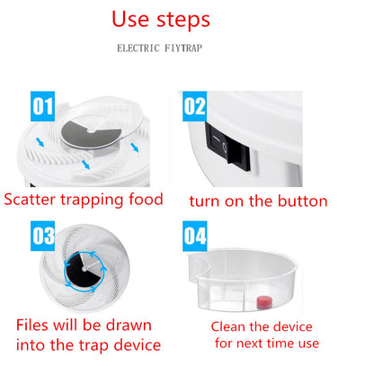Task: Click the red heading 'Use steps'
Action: point(161,21)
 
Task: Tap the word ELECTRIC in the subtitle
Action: point(138,48)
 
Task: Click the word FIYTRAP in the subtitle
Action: point(183,48)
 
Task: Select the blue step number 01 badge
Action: point(42,106)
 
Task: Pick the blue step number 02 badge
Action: point(195,106)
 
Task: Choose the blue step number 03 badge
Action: point(42,236)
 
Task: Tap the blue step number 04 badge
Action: point(195,236)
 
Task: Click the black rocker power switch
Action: point(227,147)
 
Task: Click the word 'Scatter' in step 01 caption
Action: point(30,200)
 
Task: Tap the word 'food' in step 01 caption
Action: point(146,199)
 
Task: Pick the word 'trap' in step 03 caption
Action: point(93,345)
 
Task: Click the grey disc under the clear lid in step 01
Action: point(90,135)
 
